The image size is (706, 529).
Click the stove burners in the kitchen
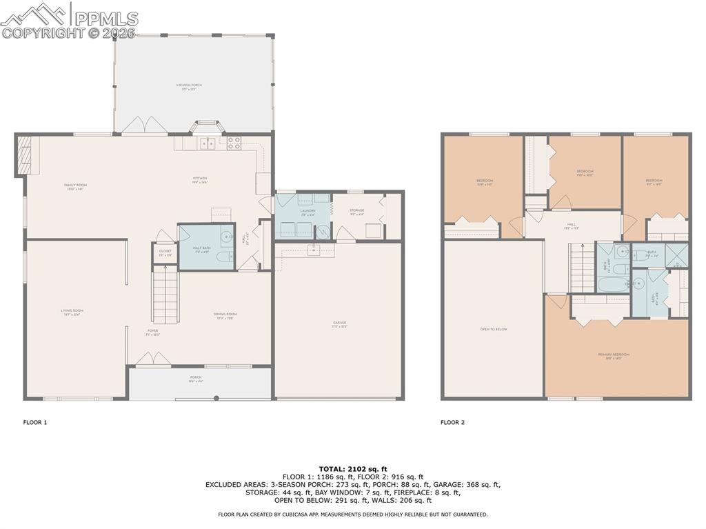234,143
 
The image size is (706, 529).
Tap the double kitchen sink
208,143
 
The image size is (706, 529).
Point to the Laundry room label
307,211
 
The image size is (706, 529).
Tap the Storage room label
356,210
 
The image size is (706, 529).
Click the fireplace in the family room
23,156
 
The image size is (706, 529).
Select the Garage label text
339,323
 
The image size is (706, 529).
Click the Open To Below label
494,330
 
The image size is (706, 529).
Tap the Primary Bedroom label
614,355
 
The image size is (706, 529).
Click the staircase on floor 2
582,270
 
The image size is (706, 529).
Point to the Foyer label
152,331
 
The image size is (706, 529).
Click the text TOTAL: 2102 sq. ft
352,468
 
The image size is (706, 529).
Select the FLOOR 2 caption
452,422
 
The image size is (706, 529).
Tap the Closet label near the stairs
165,252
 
